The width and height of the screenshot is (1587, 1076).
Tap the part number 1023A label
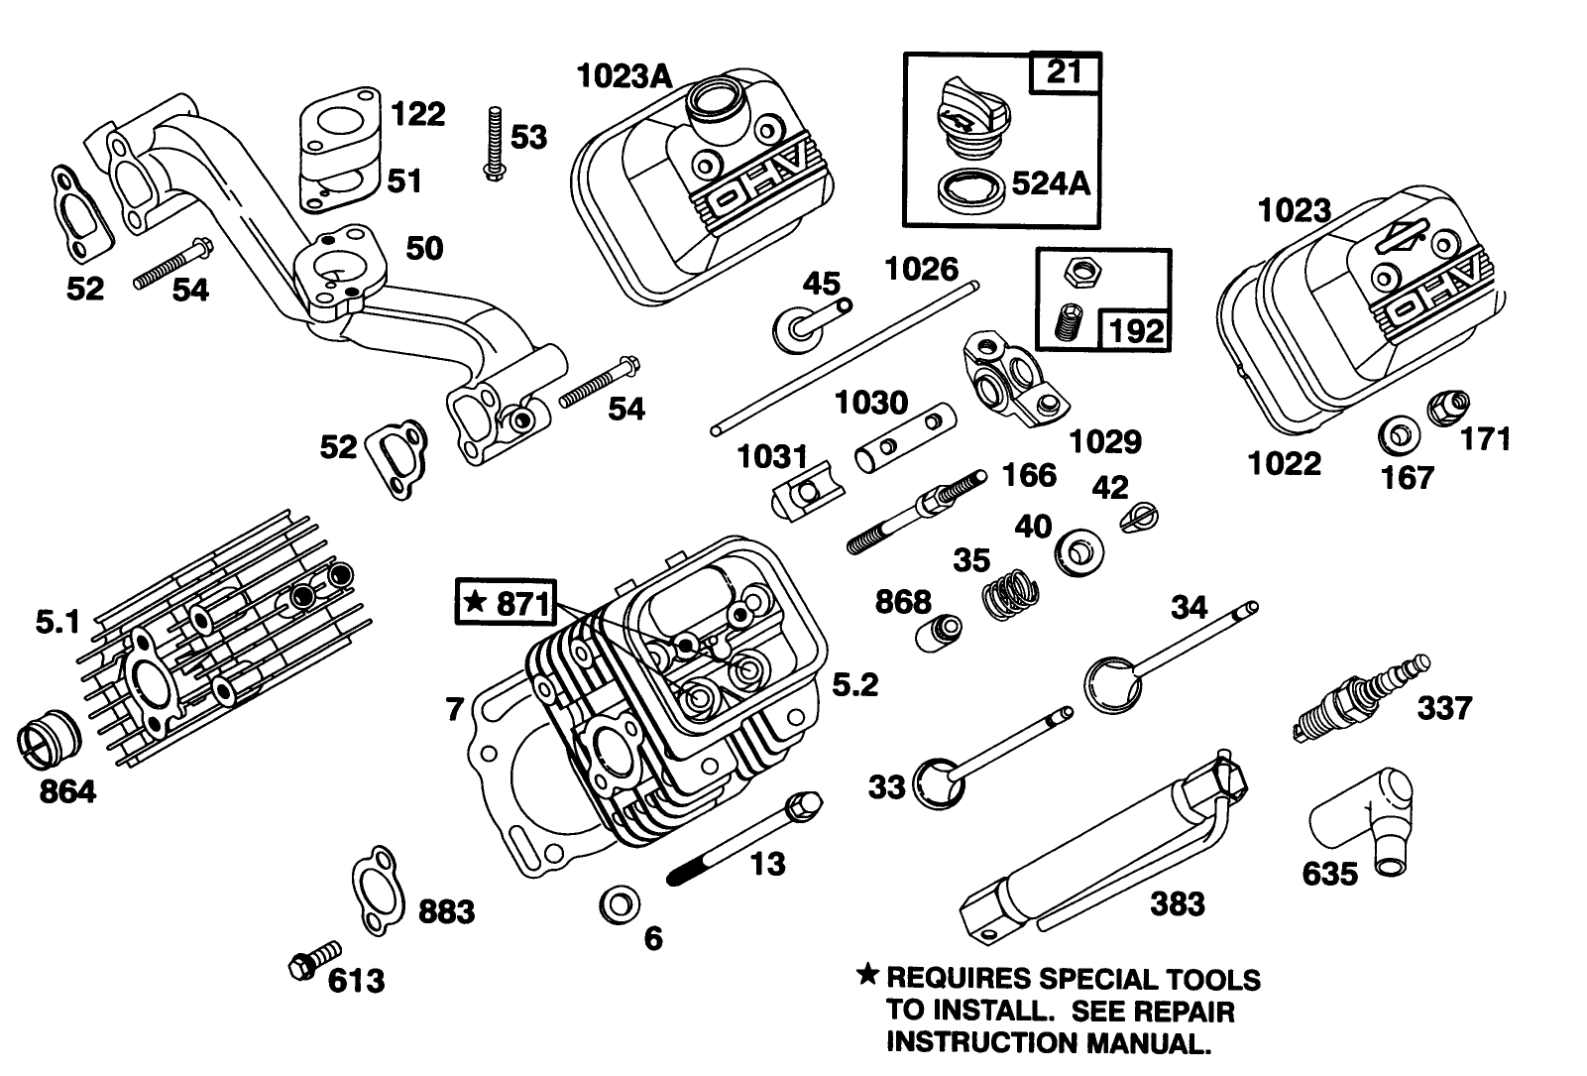coord(623,75)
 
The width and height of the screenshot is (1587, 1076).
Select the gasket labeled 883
coord(377,891)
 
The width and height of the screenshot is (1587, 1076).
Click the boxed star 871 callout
coord(506,601)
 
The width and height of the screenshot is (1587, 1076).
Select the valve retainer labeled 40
coord(1077,552)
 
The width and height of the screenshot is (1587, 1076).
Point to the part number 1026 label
coord(921,269)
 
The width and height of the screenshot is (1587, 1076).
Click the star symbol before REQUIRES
coord(867,976)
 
